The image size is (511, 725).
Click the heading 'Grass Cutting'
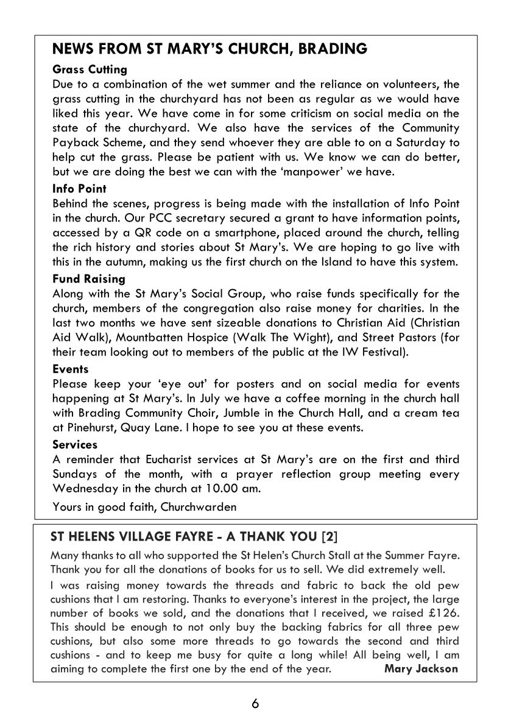[x=90, y=69]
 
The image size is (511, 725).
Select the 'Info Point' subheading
[x=79, y=189]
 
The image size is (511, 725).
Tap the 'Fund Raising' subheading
[x=88, y=279]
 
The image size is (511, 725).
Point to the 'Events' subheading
[x=70, y=369]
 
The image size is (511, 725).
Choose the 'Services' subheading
[x=75, y=444]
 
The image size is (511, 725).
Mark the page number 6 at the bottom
[x=255, y=704]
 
